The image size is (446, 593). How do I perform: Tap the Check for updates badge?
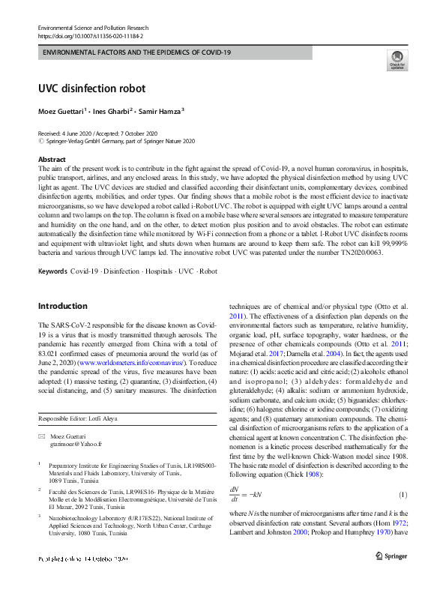tap(397, 60)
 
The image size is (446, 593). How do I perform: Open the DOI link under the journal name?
tap(90, 35)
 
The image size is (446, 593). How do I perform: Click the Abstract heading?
tap(52, 160)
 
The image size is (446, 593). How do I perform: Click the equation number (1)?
tap(402, 496)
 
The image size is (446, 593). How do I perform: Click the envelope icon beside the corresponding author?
tap(42, 436)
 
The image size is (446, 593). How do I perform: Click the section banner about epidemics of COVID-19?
tap(137, 52)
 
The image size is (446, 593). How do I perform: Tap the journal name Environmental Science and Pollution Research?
tap(99, 27)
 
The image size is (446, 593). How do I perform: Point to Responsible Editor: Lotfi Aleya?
tap(79, 418)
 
